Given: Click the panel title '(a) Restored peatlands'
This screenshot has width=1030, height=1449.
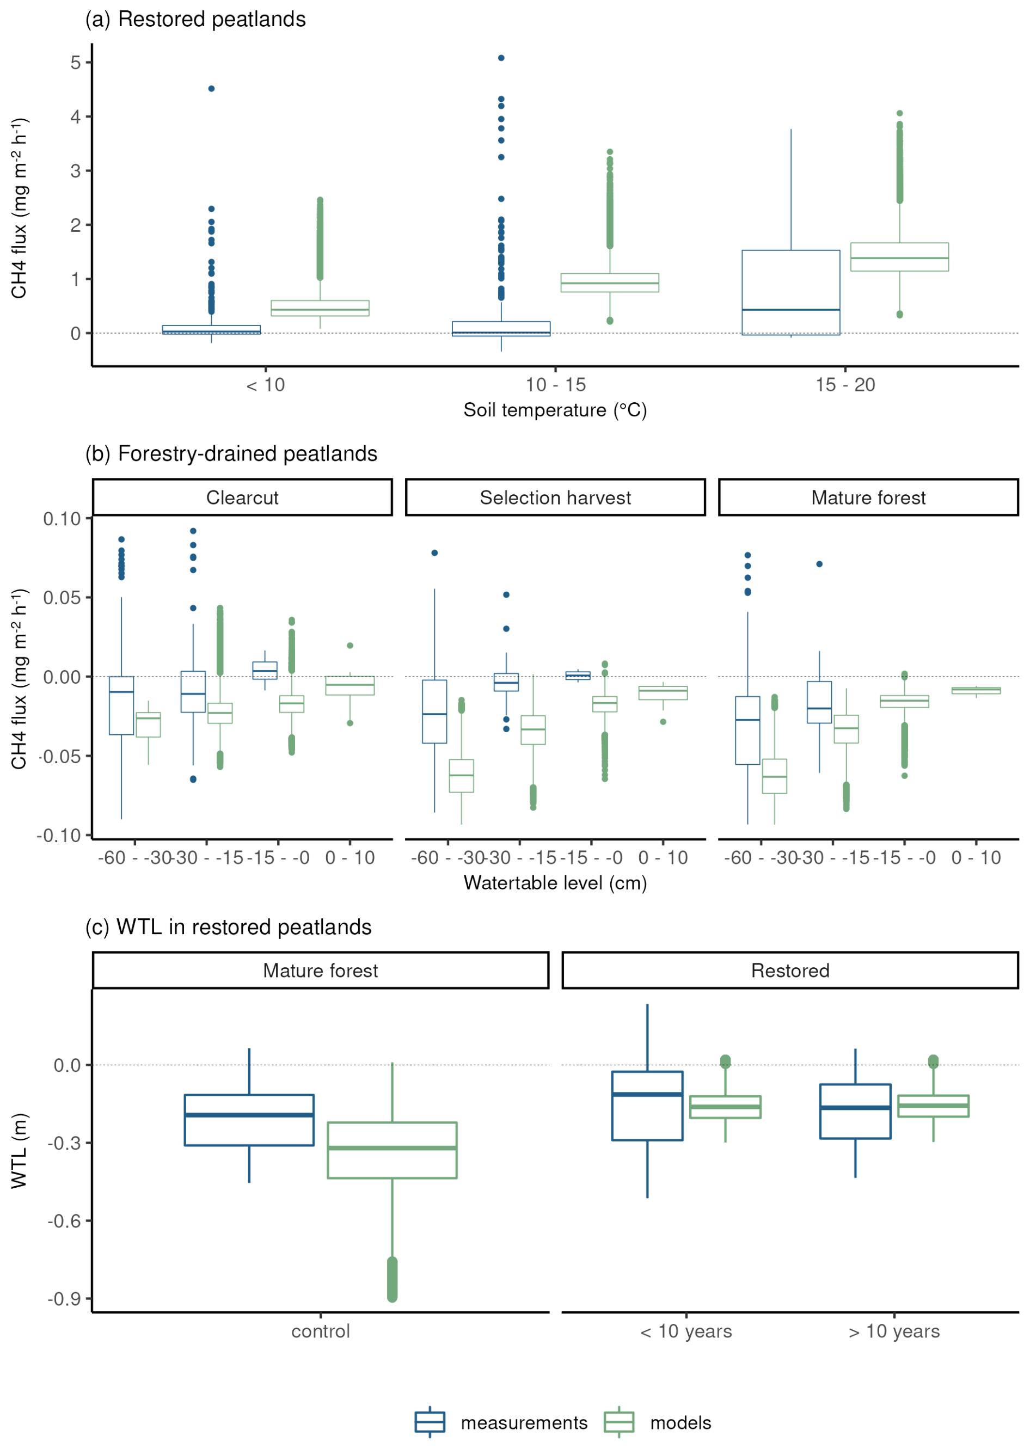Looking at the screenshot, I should pyautogui.click(x=195, y=20).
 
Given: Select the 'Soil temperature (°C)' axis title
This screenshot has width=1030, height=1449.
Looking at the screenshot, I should pyautogui.click(x=555, y=410).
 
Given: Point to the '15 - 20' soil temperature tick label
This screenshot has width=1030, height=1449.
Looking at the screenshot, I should pyautogui.click(x=845, y=385).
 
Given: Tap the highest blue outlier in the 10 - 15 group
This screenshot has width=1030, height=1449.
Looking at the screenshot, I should pyautogui.click(x=501, y=58).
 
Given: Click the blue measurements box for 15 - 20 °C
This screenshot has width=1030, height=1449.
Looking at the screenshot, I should pyautogui.click(x=791, y=292).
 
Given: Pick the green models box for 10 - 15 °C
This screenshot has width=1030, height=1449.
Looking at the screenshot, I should pyautogui.click(x=610, y=283).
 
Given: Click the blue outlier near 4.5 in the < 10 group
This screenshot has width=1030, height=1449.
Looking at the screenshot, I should pyautogui.click(x=211, y=89).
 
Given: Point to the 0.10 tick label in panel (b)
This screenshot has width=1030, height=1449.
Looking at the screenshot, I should pyautogui.click(x=62, y=519).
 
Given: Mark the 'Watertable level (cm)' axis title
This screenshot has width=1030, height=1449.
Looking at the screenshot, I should pyautogui.click(x=555, y=883).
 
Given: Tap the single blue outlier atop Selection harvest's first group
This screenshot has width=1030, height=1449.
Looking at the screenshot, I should pyautogui.click(x=434, y=553).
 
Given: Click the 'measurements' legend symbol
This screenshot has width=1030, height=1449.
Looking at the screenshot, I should pyautogui.click(x=430, y=1422).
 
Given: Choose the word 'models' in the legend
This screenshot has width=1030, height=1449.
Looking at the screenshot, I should pyautogui.click(x=680, y=1423).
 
